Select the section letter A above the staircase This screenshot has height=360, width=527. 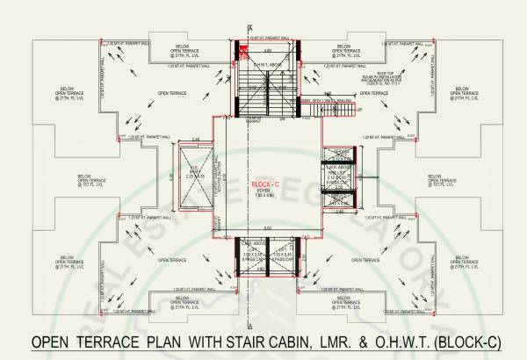[x=250, y=27]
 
